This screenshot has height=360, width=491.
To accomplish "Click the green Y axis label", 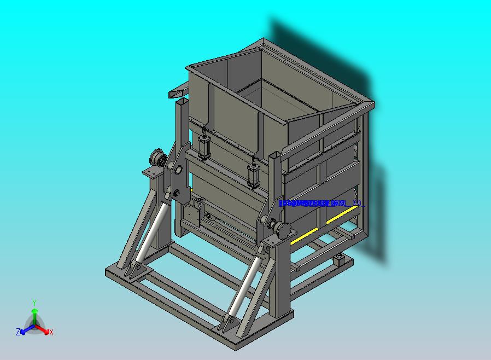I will pyautogui.click(x=34, y=303).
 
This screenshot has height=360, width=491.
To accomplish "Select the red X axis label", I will pyautogui.click(x=51, y=332).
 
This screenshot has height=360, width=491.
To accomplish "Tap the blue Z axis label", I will pyautogui.click(x=18, y=332).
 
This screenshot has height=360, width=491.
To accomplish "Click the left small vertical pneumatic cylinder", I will pyautogui.click(x=204, y=146).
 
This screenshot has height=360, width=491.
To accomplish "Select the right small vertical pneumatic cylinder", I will pyautogui.click(x=254, y=174).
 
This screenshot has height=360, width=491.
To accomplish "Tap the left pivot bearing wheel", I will pyautogui.click(x=158, y=160).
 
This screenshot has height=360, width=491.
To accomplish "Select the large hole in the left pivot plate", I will pyautogui.click(x=178, y=167).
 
